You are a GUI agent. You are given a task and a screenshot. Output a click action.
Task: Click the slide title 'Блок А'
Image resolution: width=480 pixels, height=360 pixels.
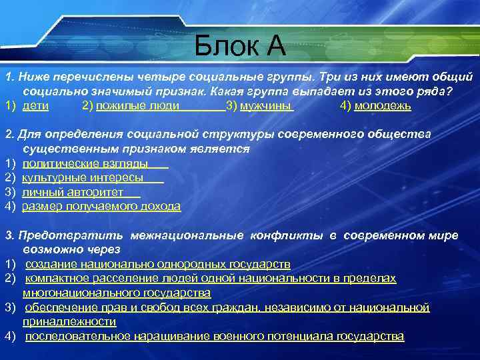240,46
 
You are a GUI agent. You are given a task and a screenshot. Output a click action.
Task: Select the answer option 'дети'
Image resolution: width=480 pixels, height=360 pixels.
35,106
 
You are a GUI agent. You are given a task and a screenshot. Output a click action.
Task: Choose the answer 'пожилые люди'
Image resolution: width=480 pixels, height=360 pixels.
137,106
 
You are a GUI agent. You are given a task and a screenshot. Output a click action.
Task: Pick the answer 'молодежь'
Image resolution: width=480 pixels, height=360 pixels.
383,106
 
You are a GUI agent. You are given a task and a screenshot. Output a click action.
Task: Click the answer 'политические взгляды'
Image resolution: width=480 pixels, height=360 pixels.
85,164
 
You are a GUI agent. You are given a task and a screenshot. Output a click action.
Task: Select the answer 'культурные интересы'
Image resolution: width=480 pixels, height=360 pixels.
83,178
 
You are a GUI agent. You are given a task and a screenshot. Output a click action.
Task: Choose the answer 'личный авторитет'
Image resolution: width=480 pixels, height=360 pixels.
73,193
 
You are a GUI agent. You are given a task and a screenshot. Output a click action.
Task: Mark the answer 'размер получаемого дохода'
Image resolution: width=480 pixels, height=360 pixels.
101,207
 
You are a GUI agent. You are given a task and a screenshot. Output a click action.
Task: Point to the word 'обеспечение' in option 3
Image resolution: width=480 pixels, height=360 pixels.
58,307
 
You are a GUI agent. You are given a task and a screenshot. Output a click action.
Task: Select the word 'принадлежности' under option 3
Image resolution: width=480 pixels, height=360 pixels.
69,321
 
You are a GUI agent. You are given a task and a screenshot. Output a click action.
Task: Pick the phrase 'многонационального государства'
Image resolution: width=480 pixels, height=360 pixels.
117,293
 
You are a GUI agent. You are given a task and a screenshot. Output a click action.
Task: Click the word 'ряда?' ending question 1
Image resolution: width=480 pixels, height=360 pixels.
446,92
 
